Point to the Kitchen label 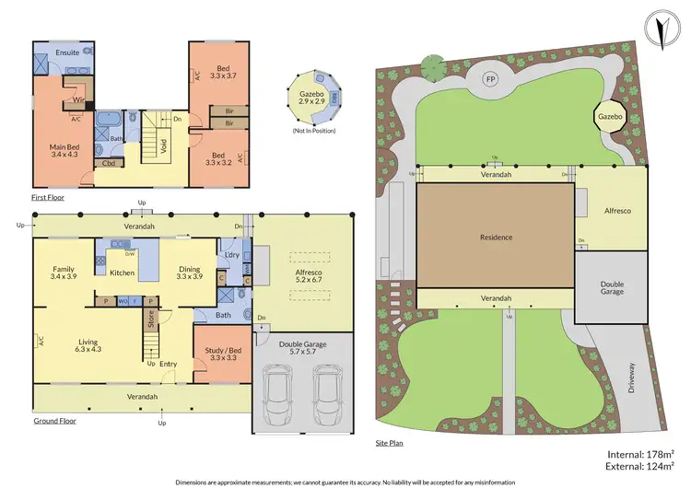pos(123,273)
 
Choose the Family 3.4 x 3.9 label pos(64,272)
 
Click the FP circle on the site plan pos(490,79)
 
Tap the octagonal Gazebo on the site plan pos(606,118)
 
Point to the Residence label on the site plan pos(495,238)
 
